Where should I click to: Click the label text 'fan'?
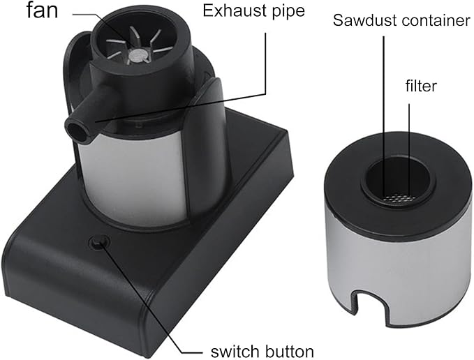(x=42, y=10)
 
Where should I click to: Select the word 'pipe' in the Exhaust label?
(x=286, y=12)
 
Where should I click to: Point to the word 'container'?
(x=434, y=20)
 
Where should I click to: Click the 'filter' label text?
(x=421, y=86)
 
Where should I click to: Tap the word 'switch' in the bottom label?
(x=235, y=351)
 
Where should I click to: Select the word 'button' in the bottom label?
(x=289, y=351)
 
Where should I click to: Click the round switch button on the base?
(x=99, y=242)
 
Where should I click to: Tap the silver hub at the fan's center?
(x=138, y=55)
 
